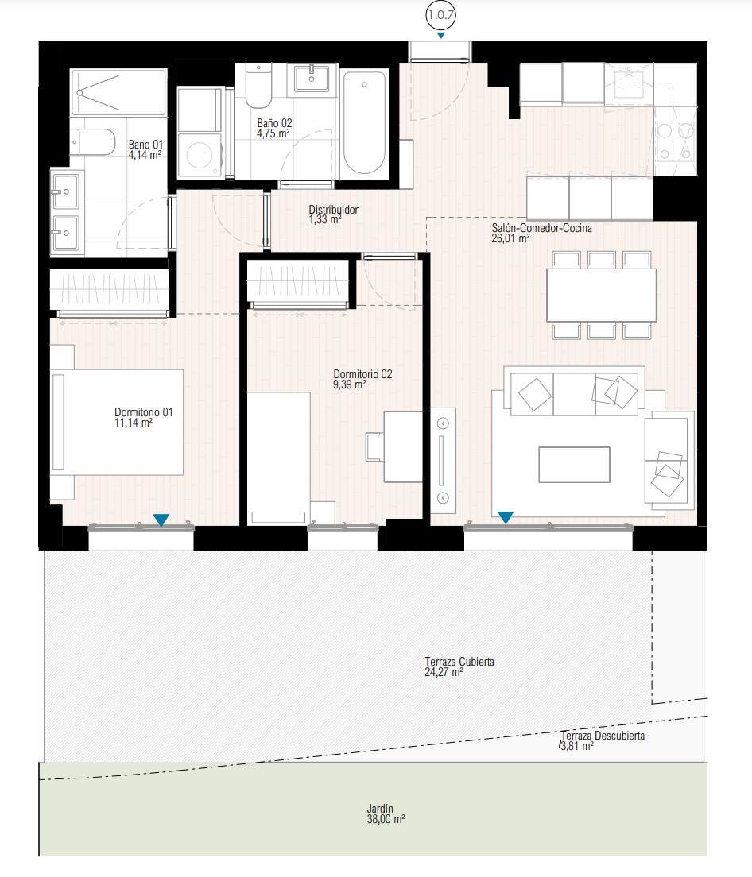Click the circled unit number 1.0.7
coord(440,15)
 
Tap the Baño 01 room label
coord(145,145)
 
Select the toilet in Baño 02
coord(258,86)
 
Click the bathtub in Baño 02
coord(364,122)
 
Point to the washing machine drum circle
coord(200,154)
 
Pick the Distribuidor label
coord(334,210)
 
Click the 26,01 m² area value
coord(510,238)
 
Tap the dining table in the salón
coord(602,295)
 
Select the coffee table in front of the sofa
coord(574,464)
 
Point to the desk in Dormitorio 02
coord(403,447)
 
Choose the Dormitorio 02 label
coord(362,374)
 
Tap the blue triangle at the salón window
coord(506,518)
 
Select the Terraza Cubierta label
coord(459,662)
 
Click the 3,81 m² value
coord(577,746)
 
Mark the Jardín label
coord(380,809)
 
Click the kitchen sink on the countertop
coord(629,83)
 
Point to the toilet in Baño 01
coord(93,143)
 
